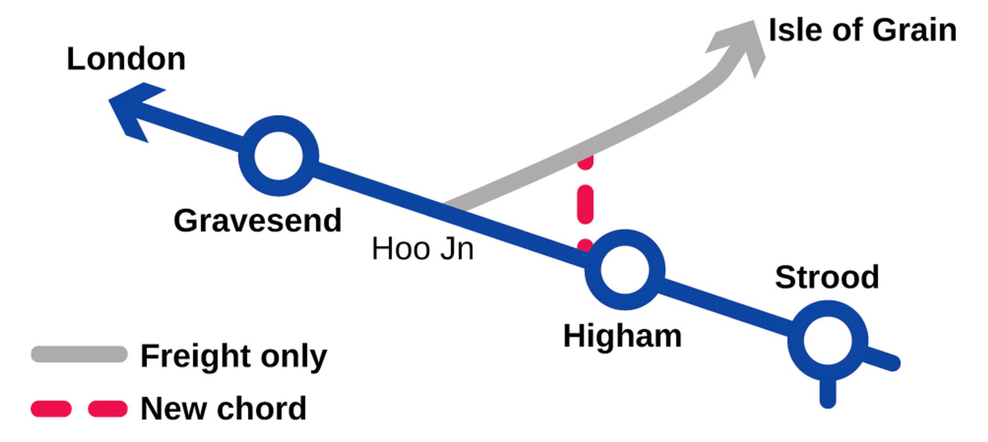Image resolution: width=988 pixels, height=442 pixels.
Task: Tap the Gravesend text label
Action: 257,221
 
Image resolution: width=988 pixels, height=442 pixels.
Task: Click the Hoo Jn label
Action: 423,249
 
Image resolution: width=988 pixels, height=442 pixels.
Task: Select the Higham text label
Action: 623,336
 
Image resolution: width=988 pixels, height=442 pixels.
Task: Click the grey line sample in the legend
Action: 79,354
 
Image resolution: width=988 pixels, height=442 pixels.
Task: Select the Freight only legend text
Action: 234,356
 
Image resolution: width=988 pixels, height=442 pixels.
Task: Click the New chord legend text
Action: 224,409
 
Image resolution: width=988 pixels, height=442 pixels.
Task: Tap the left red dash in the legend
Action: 51,409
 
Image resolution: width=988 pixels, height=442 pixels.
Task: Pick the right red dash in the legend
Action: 107,409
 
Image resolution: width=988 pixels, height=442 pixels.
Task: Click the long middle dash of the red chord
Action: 585,204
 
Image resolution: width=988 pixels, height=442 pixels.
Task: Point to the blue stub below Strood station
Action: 828,393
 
